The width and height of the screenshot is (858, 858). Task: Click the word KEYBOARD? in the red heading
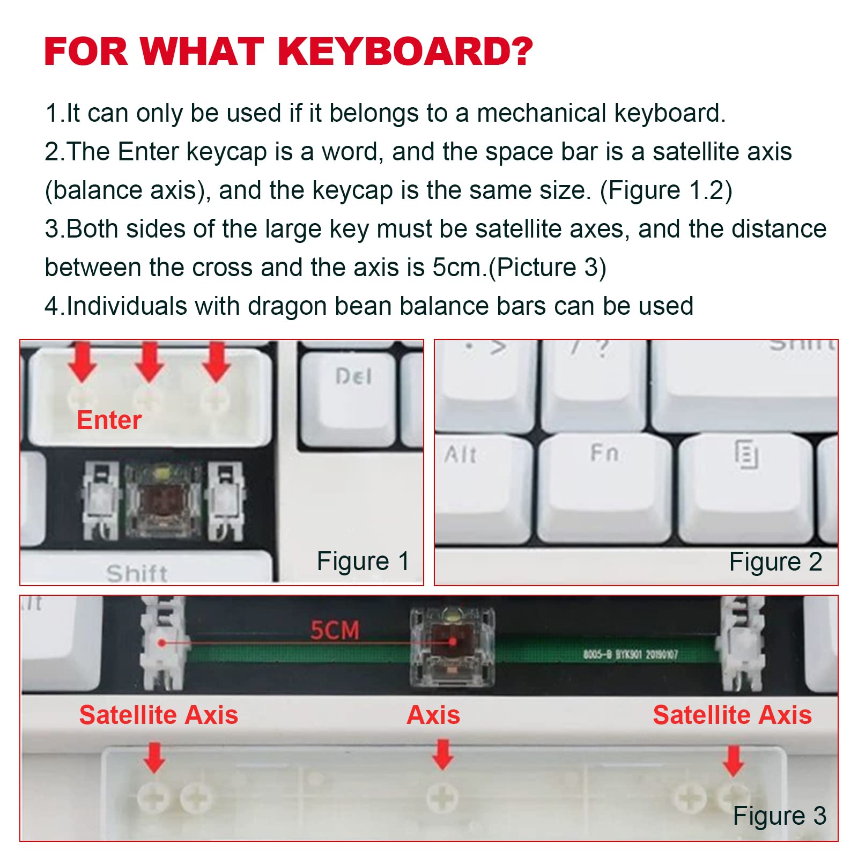405,51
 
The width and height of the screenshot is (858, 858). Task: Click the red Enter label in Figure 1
109,420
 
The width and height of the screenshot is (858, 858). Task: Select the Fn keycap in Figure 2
604,483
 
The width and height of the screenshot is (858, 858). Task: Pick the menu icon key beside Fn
745,483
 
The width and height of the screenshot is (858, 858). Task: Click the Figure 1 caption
363,561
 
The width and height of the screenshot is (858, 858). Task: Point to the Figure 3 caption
779,816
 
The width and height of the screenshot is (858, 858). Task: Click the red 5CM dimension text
335,631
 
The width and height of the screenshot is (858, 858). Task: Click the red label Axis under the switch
433,715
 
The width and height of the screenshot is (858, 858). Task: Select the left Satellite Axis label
159,715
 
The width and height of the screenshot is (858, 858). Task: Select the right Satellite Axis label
732,715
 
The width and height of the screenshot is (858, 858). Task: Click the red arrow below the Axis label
442,753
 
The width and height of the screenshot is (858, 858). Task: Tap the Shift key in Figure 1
137,573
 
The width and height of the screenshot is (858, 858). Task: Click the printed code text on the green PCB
630,654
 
